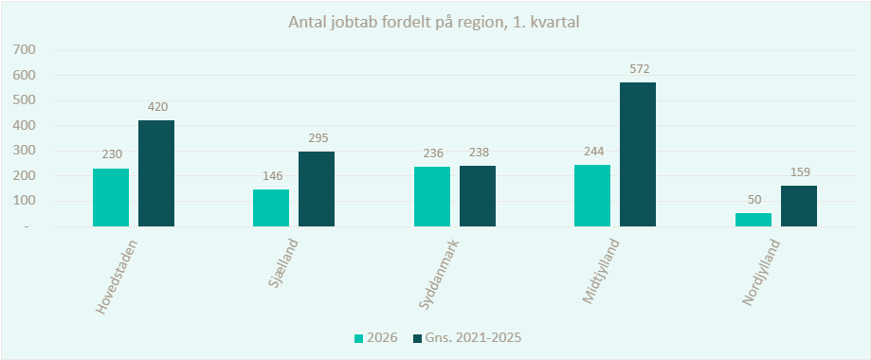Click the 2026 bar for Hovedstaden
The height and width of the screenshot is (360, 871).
pyautogui.click(x=111, y=197)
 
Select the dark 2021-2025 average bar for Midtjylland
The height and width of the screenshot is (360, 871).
pyautogui.click(x=638, y=154)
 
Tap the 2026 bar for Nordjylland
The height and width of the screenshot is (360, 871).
pyautogui.click(x=753, y=220)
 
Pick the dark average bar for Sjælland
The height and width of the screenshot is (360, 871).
pyautogui.click(x=317, y=189)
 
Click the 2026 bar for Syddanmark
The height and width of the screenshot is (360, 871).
pyautogui.click(x=432, y=197)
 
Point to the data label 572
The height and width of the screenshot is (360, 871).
pyautogui.click(x=638, y=69)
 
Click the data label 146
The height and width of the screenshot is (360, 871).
pyautogui.click(x=272, y=176)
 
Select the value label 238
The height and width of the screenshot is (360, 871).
pyautogui.click(x=478, y=153)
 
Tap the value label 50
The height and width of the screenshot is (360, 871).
pyautogui.click(x=753, y=200)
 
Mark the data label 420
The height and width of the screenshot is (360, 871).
pyautogui.click(x=156, y=107)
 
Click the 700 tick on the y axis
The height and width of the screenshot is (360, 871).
pyautogui.click(x=26, y=50)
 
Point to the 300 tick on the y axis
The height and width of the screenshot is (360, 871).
pyautogui.click(x=26, y=151)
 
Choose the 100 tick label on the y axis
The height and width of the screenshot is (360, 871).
pyautogui.click(x=26, y=201)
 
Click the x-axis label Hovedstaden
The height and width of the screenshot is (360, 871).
pyautogui.click(x=116, y=277)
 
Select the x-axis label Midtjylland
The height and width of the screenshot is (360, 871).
pyautogui.click(x=602, y=272)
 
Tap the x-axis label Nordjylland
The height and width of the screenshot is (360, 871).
pyautogui.click(x=761, y=272)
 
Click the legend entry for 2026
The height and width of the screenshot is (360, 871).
pyautogui.click(x=376, y=338)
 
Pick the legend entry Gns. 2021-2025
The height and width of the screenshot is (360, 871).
pyautogui.click(x=466, y=338)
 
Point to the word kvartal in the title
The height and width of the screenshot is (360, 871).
pyautogui.click(x=559, y=24)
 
